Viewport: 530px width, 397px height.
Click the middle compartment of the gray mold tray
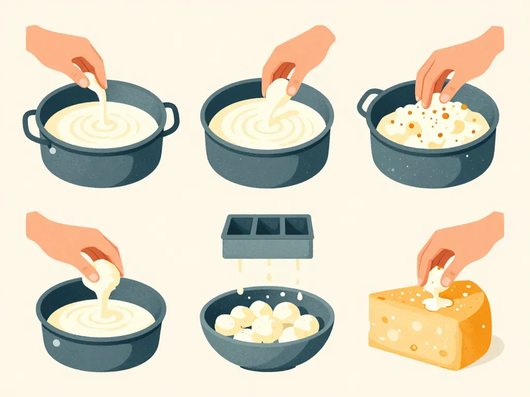click(268, 226)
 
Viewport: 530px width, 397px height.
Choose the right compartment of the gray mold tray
click(297, 226)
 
